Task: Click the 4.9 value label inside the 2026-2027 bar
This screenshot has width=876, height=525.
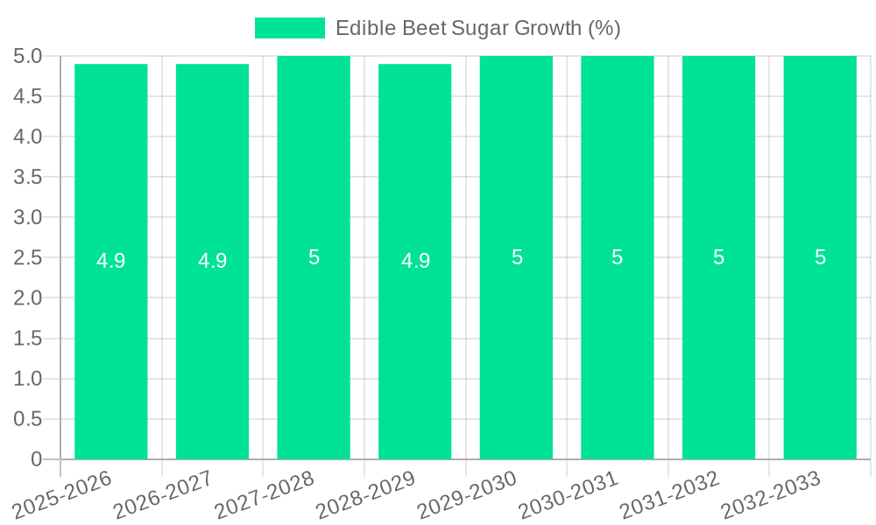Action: click(x=213, y=261)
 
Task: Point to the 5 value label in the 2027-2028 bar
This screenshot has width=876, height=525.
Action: click(x=314, y=257)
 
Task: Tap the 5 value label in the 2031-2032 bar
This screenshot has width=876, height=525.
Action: click(x=718, y=257)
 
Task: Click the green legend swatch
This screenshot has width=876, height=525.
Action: click(x=289, y=28)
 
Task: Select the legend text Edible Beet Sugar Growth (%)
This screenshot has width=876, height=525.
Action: click(x=478, y=28)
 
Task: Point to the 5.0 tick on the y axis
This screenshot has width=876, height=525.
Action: click(x=28, y=56)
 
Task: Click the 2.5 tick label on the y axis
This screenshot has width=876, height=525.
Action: click(x=28, y=257)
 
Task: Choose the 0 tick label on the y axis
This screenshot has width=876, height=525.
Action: click(x=36, y=458)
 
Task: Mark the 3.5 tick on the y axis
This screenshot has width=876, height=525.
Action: click(x=28, y=177)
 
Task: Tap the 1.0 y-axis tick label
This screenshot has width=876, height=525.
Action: click(x=28, y=378)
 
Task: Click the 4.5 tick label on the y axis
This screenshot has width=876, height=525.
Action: click(x=28, y=96)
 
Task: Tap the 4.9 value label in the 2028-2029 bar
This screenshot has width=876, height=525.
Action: click(x=415, y=261)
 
